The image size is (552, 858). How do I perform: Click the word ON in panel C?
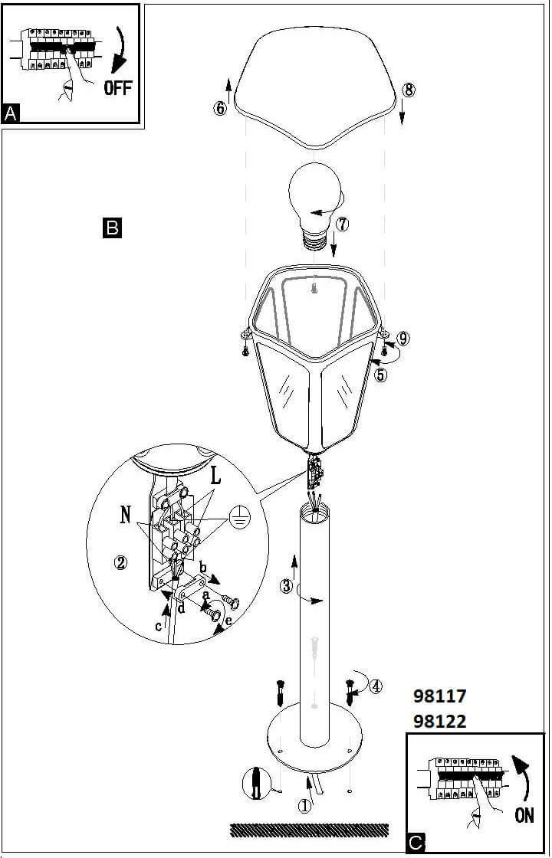tap(524, 815)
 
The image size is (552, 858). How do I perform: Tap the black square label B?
tap(111, 228)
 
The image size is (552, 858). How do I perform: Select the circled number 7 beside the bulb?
tap(342, 224)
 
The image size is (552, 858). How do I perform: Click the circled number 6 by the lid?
tap(220, 108)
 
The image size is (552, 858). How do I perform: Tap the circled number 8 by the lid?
tap(409, 90)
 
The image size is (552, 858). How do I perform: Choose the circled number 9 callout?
tap(404, 337)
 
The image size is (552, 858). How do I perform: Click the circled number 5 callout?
tap(381, 375)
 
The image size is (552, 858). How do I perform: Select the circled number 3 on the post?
tap(286, 587)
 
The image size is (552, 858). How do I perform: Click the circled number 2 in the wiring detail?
tap(120, 562)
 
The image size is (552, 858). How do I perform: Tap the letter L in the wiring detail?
tap(215, 476)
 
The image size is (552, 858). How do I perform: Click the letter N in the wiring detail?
tap(125, 515)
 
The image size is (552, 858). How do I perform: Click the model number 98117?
tap(439, 696)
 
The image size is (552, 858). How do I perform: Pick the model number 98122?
tap(439, 721)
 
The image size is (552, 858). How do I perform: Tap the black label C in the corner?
tap(415, 843)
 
